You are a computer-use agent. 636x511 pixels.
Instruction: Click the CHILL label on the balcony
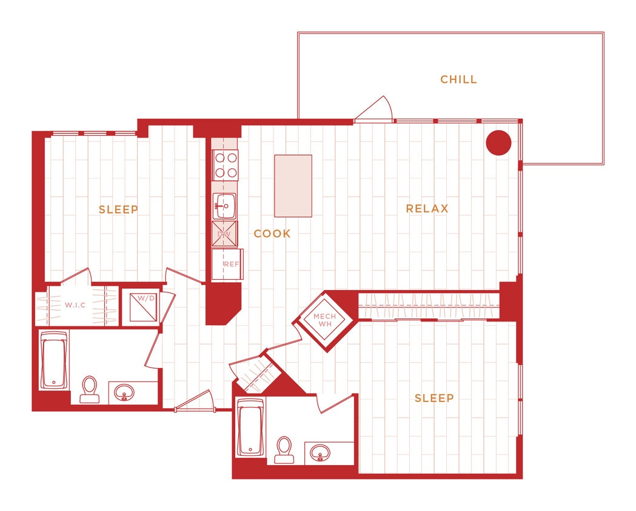pos(458,79)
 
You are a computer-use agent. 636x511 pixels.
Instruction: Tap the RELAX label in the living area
pos(427,209)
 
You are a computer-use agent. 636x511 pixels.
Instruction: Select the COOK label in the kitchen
pos(272,234)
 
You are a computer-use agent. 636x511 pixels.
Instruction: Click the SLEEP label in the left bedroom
pos(119,209)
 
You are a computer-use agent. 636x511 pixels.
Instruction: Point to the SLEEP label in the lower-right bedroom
pos(434,398)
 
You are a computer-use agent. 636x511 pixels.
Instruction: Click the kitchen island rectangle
pos(293,186)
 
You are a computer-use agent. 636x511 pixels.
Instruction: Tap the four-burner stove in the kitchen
pos(225,164)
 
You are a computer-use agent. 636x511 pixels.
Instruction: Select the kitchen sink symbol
pos(224,206)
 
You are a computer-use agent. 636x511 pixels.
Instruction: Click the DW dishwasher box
pos(224,234)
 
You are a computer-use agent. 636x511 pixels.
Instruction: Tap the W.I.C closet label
pos(76,305)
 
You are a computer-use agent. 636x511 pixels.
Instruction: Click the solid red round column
pos(498,143)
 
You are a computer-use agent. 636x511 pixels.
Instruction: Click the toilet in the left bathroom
pos(90,389)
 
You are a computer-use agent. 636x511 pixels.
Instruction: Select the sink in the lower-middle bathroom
pos(320,452)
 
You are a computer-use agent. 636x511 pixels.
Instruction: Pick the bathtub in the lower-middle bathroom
pos(250,427)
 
